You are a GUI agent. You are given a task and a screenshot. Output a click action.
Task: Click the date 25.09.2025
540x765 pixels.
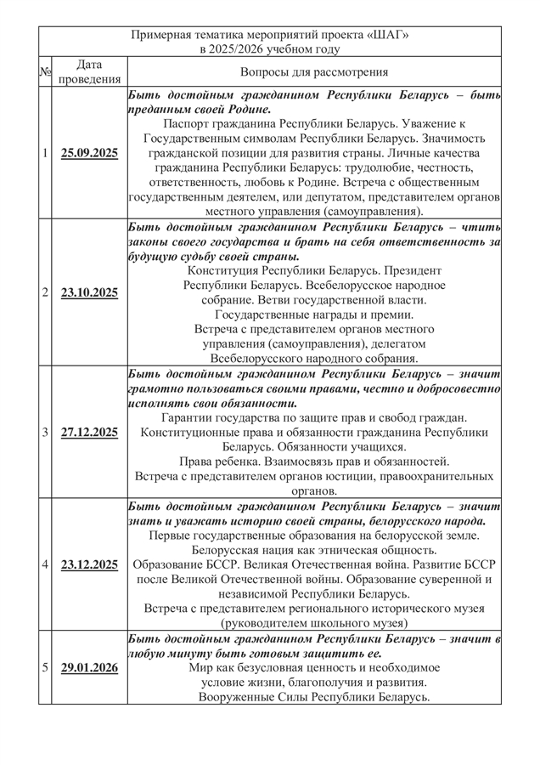tap(89, 154)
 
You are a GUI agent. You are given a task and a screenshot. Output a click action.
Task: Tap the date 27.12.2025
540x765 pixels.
tap(89, 432)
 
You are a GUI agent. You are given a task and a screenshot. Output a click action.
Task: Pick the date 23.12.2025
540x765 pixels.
tap(89, 564)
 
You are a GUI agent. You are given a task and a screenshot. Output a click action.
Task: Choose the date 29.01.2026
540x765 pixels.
tap(89, 667)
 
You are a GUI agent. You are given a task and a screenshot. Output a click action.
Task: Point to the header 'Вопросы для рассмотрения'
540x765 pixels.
tap(314, 72)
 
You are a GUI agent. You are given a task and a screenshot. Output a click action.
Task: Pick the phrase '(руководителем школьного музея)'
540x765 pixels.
tap(314, 623)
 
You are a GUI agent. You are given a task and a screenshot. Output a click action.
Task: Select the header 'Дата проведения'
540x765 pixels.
tap(89, 72)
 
